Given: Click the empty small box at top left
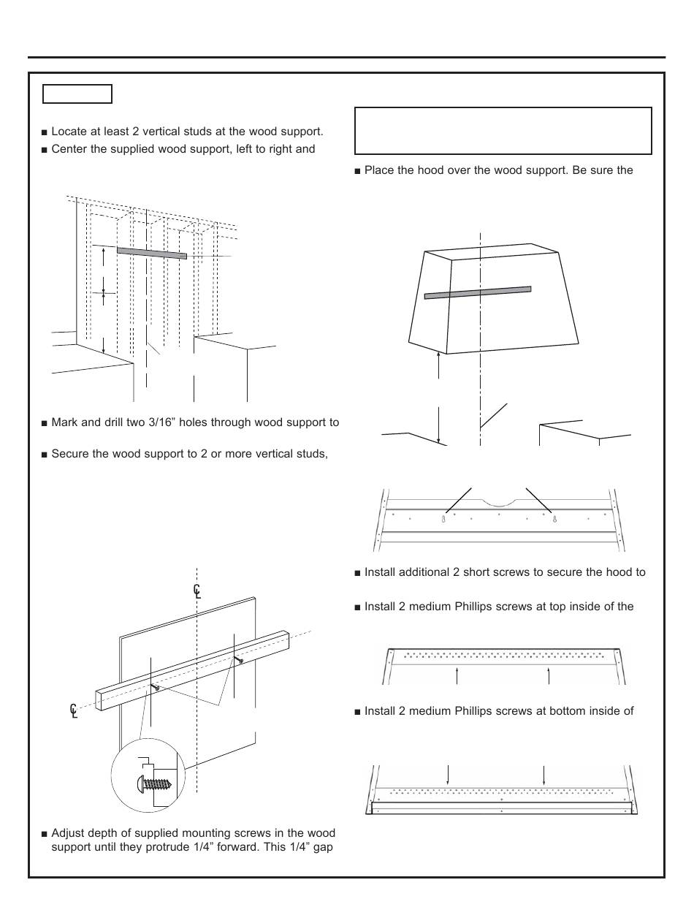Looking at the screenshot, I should (x=77, y=94).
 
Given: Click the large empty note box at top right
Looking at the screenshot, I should (x=503, y=131).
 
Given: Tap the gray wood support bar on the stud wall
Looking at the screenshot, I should (x=151, y=252).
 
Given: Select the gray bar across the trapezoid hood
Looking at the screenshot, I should (x=478, y=292).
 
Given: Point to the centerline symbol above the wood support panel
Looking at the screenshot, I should (x=197, y=591).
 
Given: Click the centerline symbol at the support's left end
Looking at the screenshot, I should (x=74, y=709).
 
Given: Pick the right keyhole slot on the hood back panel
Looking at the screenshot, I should (x=554, y=519).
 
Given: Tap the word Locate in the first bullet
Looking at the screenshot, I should (x=69, y=132).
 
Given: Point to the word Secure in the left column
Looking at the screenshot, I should (x=72, y=454).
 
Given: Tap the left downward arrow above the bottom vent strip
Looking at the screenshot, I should (x=448, y=774).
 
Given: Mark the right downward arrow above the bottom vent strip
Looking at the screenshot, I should (x=544, y=774).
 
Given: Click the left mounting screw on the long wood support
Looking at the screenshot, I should (x=156, y=687).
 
